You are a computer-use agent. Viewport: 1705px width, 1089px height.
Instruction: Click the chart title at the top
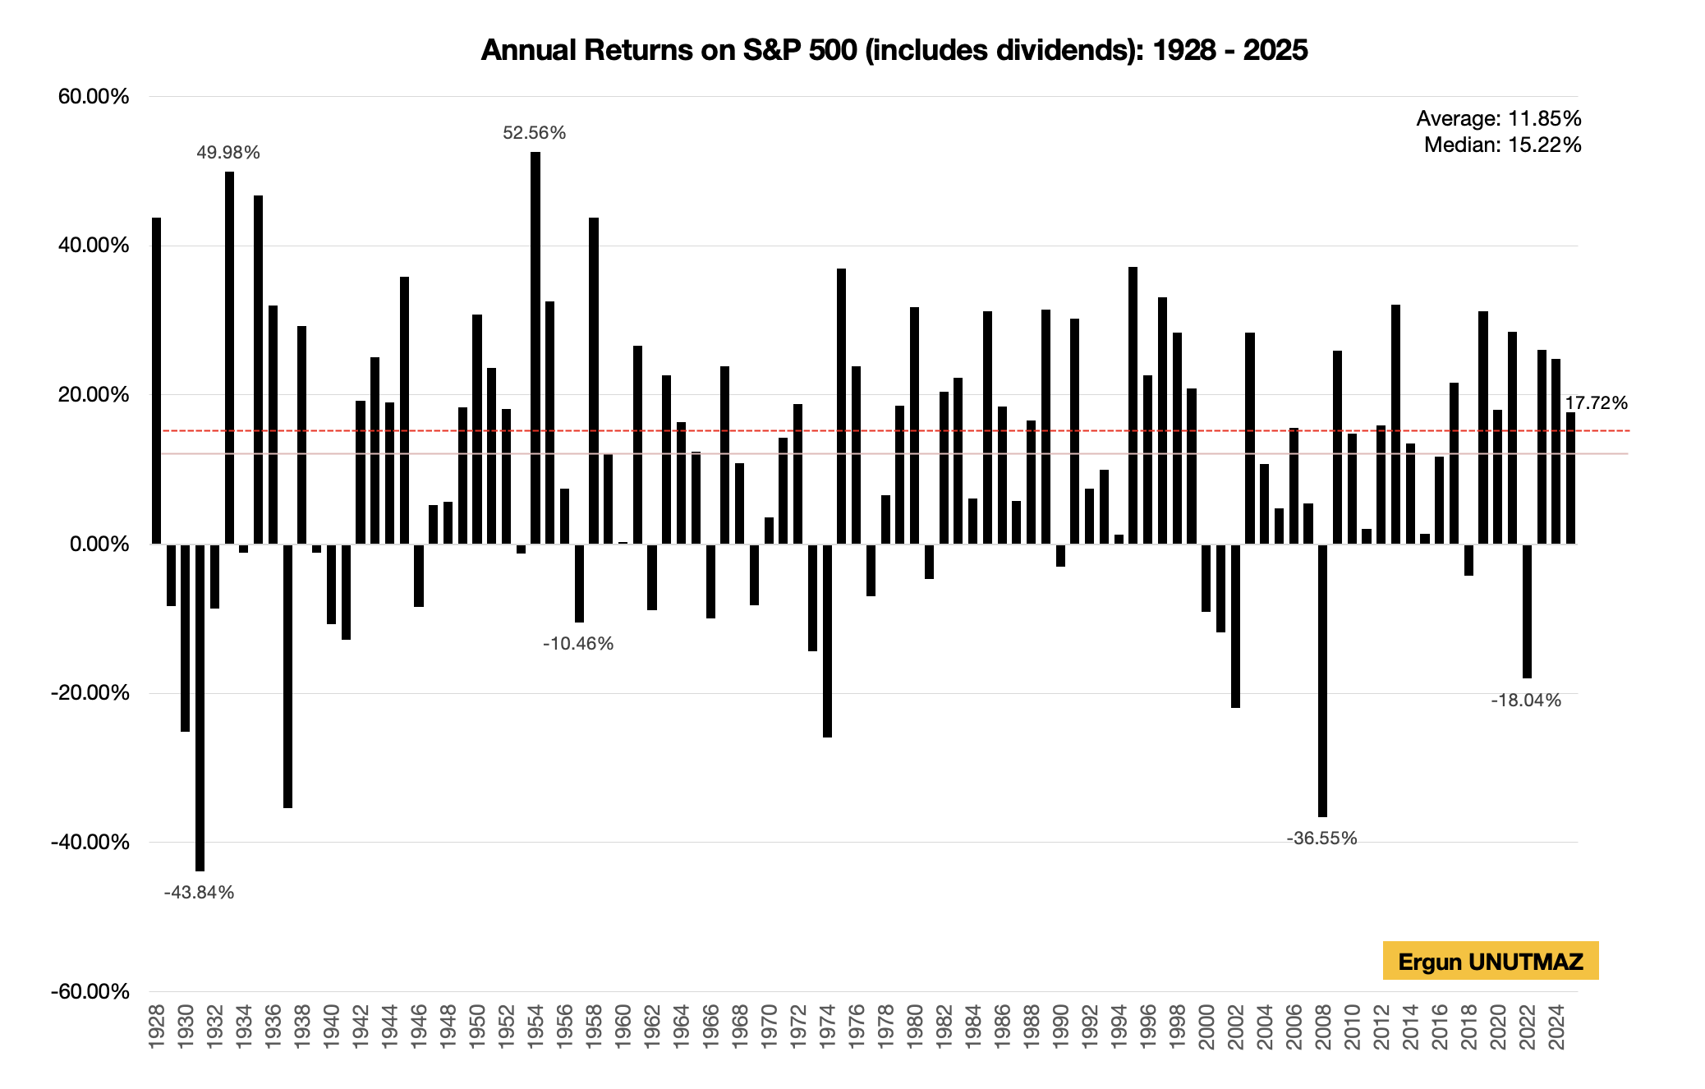click(894, 50)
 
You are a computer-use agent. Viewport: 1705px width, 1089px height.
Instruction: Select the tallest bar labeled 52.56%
click(535, 345)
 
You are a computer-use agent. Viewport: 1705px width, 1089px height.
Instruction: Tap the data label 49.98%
click(228, 153)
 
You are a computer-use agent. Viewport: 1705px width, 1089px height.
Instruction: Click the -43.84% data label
click(199, 893)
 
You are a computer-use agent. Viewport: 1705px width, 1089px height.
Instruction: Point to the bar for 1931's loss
click(200, 706)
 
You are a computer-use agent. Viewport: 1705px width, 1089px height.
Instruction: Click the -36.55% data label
click(1321, 839)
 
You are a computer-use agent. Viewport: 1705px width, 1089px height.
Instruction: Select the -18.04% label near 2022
click(1526, 701)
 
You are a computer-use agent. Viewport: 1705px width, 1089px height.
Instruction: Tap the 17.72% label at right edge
click(1596, 403)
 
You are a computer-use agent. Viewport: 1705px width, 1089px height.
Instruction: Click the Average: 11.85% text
click(1498, 119)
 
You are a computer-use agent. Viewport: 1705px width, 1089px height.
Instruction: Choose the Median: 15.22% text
click(1502, 145)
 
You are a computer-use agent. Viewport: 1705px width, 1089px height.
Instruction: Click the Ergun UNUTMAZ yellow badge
click(1490, 961)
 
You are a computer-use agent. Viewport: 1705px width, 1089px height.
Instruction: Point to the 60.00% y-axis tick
click(94, 97)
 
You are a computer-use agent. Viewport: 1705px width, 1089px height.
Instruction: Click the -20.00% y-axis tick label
click(90, 693)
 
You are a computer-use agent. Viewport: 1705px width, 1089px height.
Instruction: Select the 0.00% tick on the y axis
click(99, 544)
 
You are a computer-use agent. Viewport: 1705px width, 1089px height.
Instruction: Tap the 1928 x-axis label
click(157, 1026)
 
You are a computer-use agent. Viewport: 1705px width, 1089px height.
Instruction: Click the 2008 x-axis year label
click(1323, 1026)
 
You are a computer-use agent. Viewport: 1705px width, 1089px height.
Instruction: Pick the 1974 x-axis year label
click(827, 1026)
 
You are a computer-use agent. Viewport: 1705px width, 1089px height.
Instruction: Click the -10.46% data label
click(578, 644)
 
